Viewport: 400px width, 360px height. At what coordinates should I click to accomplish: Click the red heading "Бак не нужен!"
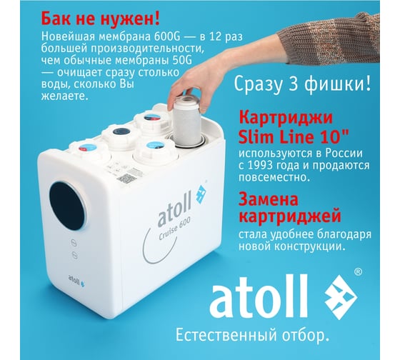click(x=101, y=19)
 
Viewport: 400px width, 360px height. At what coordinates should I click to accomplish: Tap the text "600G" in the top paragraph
click(x=167, y=36)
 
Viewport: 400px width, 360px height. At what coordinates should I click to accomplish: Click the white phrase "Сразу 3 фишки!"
click(x=302, y=84)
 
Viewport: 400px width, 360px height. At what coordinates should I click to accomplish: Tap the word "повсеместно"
click(x=274, y=177)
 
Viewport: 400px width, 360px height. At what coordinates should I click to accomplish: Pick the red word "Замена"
click(x=269, y=199)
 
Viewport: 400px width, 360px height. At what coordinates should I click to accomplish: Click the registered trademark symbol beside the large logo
click(x=358, y=272)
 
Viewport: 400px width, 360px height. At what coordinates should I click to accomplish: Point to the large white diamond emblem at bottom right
click(x=341, y=297)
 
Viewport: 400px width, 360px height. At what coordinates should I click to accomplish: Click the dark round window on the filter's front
click(x=67, y=206)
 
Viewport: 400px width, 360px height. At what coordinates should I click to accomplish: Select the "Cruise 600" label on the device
click(x=174, y=229)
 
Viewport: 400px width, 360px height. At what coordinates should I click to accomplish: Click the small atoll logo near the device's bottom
click(x=76, y=281)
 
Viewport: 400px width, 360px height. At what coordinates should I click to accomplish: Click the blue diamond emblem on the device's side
click(x=201, y=194)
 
